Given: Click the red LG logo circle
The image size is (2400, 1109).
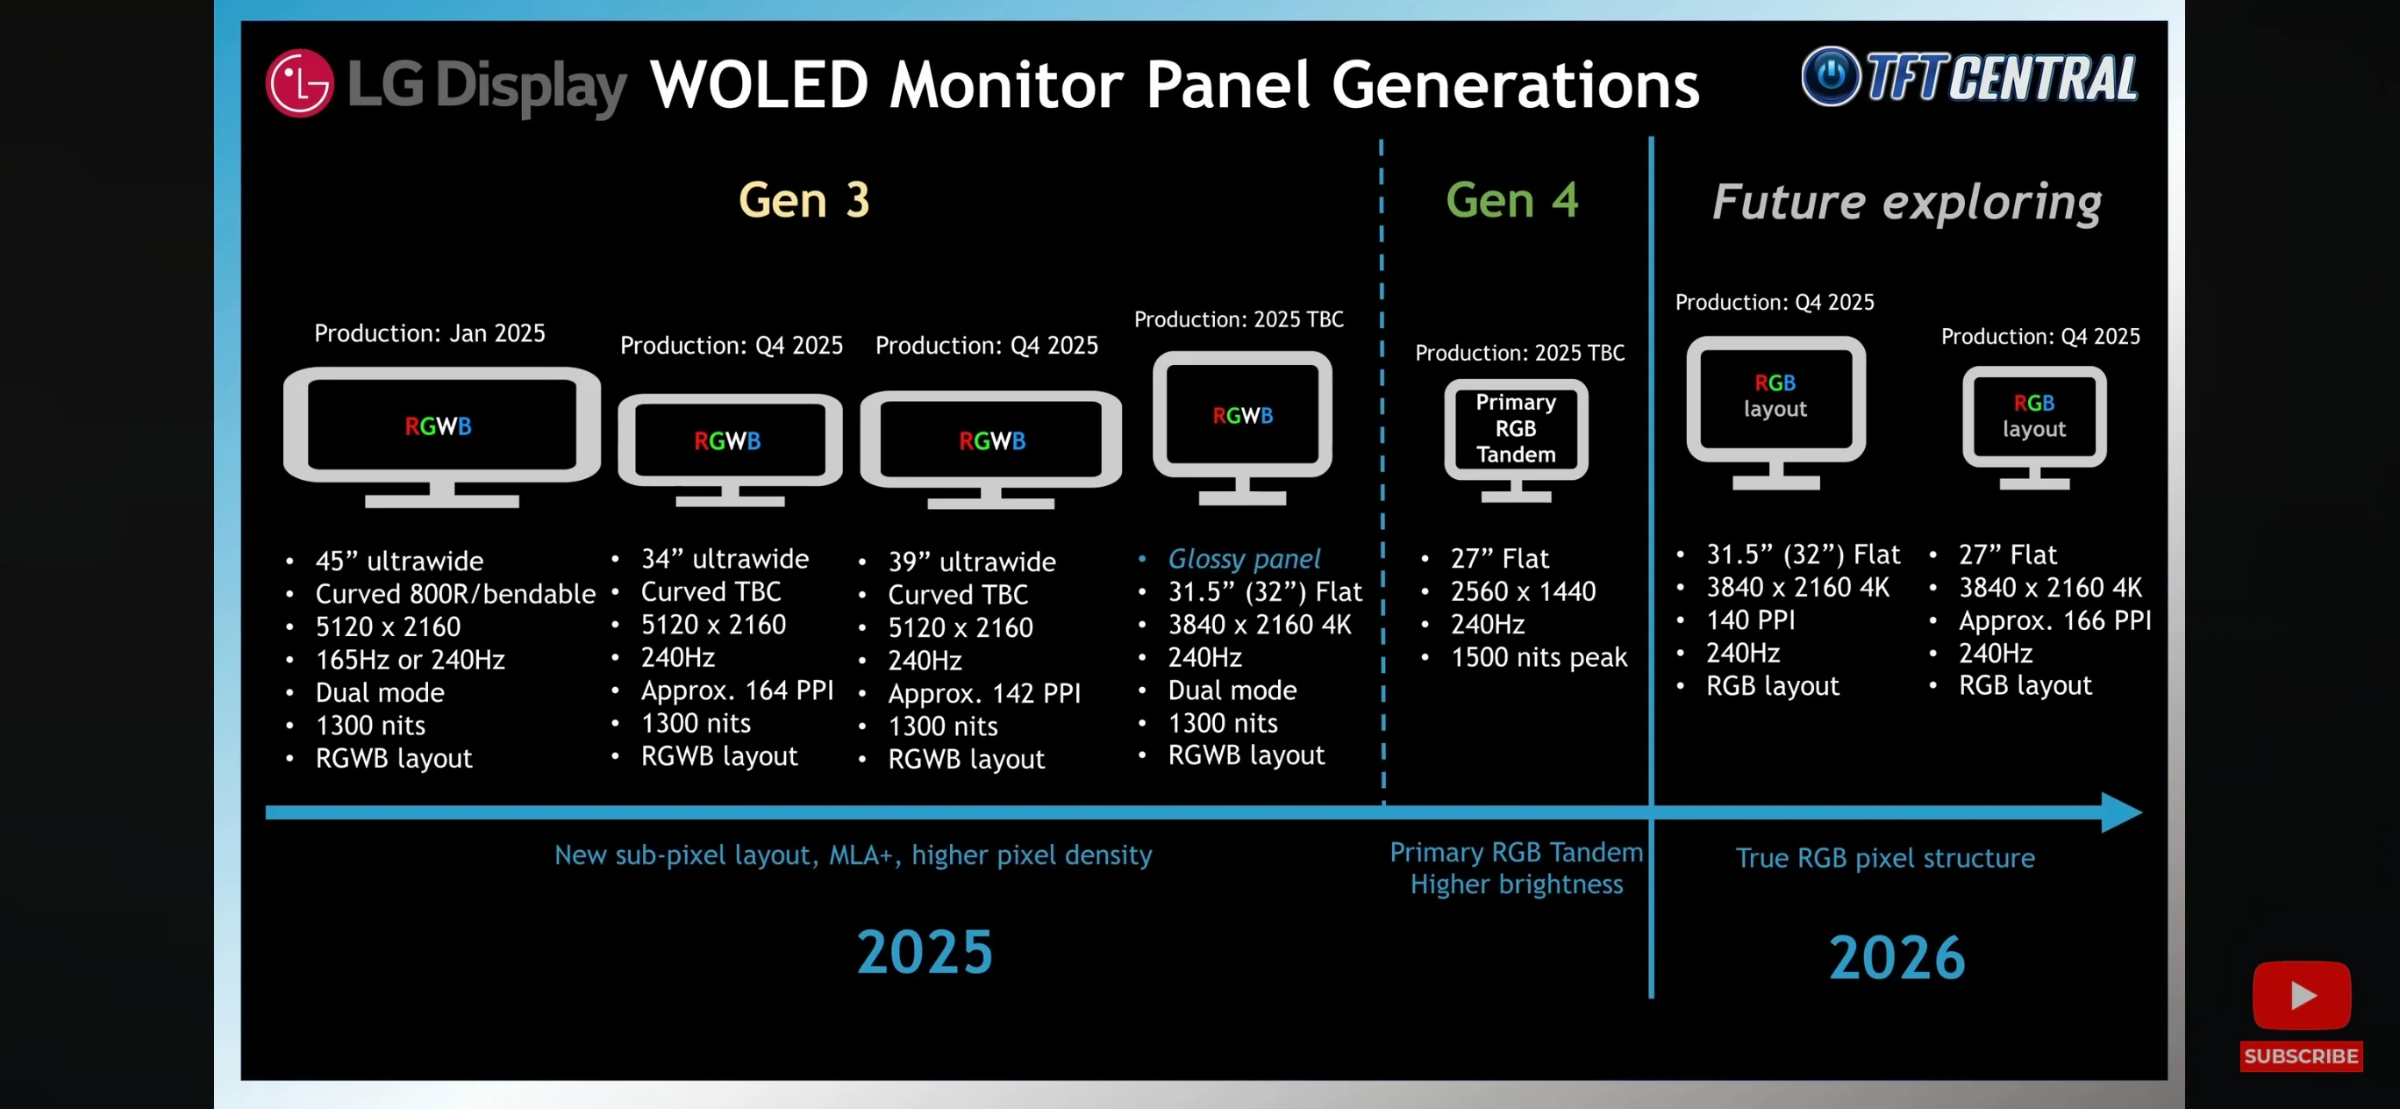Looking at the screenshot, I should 299,83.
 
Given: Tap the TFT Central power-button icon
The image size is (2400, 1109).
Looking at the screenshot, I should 1830,75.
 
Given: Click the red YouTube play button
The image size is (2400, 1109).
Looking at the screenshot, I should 2300,995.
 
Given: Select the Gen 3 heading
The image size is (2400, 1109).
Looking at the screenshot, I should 804,200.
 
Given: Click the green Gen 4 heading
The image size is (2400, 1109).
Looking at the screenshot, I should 1511,200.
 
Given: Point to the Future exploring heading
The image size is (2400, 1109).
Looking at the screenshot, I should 1906,202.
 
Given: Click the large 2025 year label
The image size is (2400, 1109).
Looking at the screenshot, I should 925,953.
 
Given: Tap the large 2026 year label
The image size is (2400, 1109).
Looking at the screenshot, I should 1896,958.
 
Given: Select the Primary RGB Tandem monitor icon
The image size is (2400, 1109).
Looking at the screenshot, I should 1516,438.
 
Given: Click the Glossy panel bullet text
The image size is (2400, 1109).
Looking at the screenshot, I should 1244,559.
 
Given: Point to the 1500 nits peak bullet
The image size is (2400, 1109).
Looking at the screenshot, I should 1539,658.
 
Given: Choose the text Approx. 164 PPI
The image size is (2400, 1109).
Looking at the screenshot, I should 737,690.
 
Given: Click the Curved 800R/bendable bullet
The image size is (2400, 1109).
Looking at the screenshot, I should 454,594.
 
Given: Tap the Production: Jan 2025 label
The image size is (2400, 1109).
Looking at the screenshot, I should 430,333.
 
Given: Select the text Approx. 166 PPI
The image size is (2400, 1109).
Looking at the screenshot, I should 2054,620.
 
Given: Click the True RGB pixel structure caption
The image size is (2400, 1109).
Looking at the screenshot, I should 1885,858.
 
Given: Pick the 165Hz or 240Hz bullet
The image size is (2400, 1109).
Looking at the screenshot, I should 410,660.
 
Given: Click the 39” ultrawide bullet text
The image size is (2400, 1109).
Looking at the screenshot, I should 972,562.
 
